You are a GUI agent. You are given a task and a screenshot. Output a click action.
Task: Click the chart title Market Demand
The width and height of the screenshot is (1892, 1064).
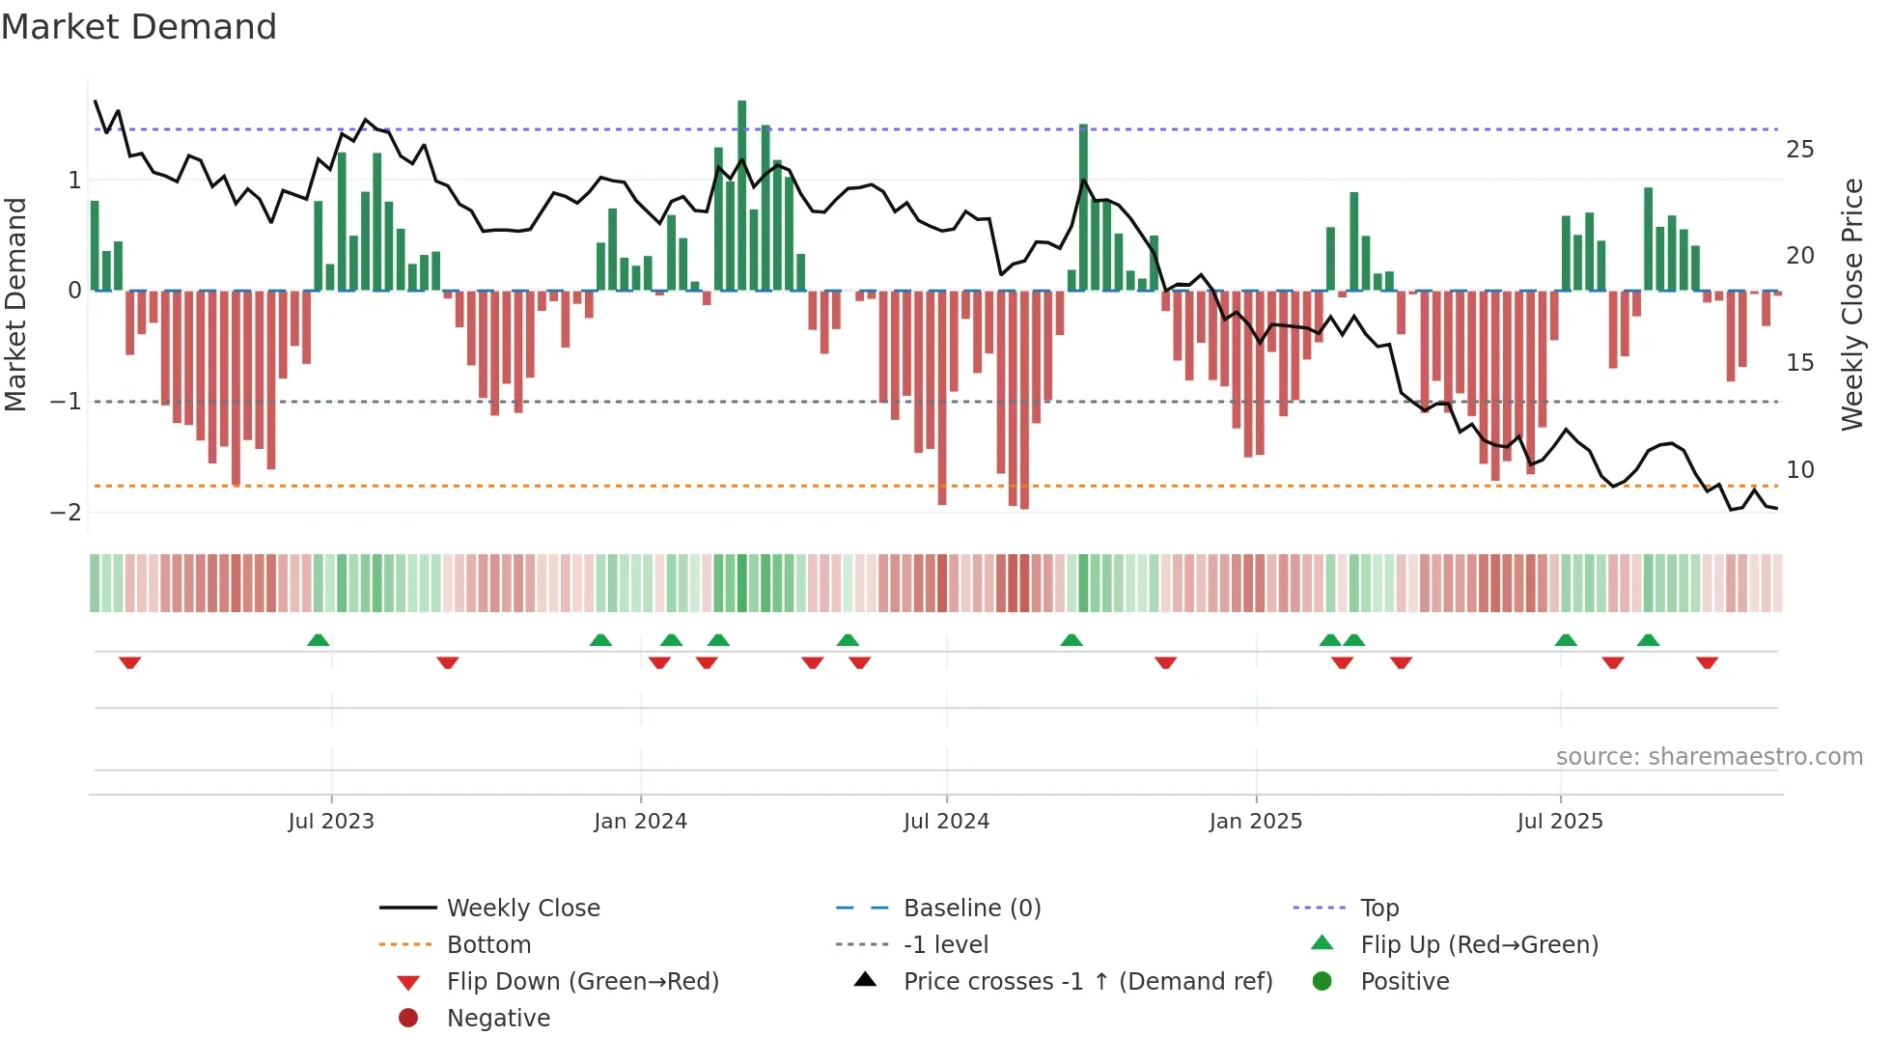pyautogui.click(x=139, y=27)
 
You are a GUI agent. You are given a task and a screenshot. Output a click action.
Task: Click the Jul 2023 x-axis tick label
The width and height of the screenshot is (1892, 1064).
pyautogui.click(x=331, y=822)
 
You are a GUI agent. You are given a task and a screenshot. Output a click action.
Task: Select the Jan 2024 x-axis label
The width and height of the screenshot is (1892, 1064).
pyautogui.click(x=640, y=822)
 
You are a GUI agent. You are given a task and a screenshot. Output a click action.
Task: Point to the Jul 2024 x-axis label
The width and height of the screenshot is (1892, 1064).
pyautogui.click(x=946, y=822)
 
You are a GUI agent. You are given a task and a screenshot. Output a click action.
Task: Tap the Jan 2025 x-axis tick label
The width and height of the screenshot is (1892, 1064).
pyautogui.click(x=1255, y=822)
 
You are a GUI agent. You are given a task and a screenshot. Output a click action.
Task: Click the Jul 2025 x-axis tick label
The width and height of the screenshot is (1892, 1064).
pyautogui.click(x=1560, y=822)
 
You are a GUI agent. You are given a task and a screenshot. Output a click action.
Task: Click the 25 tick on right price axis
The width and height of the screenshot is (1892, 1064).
pyautogui.click(x=1799, y=150)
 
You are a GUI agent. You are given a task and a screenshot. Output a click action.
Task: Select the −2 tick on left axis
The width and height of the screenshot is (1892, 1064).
pyautogui.click(x=66, y=512)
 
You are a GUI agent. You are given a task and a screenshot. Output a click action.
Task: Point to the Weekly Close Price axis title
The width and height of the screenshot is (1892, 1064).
pyautogui.click(x=1851, y=304)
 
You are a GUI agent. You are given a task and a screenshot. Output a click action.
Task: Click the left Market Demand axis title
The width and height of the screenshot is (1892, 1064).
pyautogui.click(x=15, y=304)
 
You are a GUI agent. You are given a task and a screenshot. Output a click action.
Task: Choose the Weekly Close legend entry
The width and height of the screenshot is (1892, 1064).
pyautogui.click(x=523, y=909)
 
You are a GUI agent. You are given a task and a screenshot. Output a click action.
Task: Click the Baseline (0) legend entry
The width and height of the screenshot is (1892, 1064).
pyautogui.click(x=972, y=909)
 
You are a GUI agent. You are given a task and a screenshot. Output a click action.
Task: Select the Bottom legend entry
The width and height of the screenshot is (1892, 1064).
pyautogui.click(x=488, y=945)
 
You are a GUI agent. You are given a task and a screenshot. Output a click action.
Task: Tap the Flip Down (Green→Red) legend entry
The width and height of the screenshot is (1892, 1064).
pyautogui.click(x=582, y=982)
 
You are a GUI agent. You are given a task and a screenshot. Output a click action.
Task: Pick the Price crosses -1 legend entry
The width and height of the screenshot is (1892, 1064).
pyautogui.click(x=1088, y=982)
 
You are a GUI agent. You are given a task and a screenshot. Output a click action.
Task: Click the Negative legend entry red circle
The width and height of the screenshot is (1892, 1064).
pyautogui.click(x=408, y=1019)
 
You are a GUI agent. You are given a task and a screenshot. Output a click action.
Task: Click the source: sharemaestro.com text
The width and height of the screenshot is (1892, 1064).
pyautogui.click(x=1709, y=757)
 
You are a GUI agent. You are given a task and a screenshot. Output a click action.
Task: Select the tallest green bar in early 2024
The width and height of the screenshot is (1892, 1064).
pyautogui.click(x=742, y=193)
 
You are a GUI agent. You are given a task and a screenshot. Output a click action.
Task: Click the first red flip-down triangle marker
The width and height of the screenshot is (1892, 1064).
pyautogui.click(x=130, y=662)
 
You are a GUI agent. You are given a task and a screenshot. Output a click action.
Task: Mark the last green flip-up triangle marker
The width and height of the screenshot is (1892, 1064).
pyautogui.click(x=1649, y=640)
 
